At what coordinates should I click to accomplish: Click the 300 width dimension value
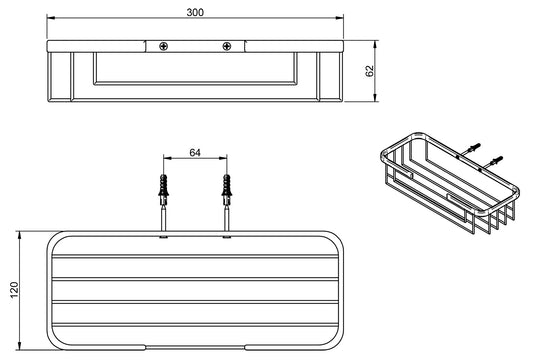(196, 10)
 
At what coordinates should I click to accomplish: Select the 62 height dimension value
(370, 71)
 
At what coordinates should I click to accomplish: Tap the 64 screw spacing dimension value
(195, 153)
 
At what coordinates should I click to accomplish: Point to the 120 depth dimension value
(13, 289)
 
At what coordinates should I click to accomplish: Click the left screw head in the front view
(163, 45)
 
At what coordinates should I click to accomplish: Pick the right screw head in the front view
(228, 45)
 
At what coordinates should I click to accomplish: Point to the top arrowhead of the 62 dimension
(376, 44)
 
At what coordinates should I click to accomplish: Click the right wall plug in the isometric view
(497, 159)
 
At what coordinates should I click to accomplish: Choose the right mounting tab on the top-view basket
(228, 236)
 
